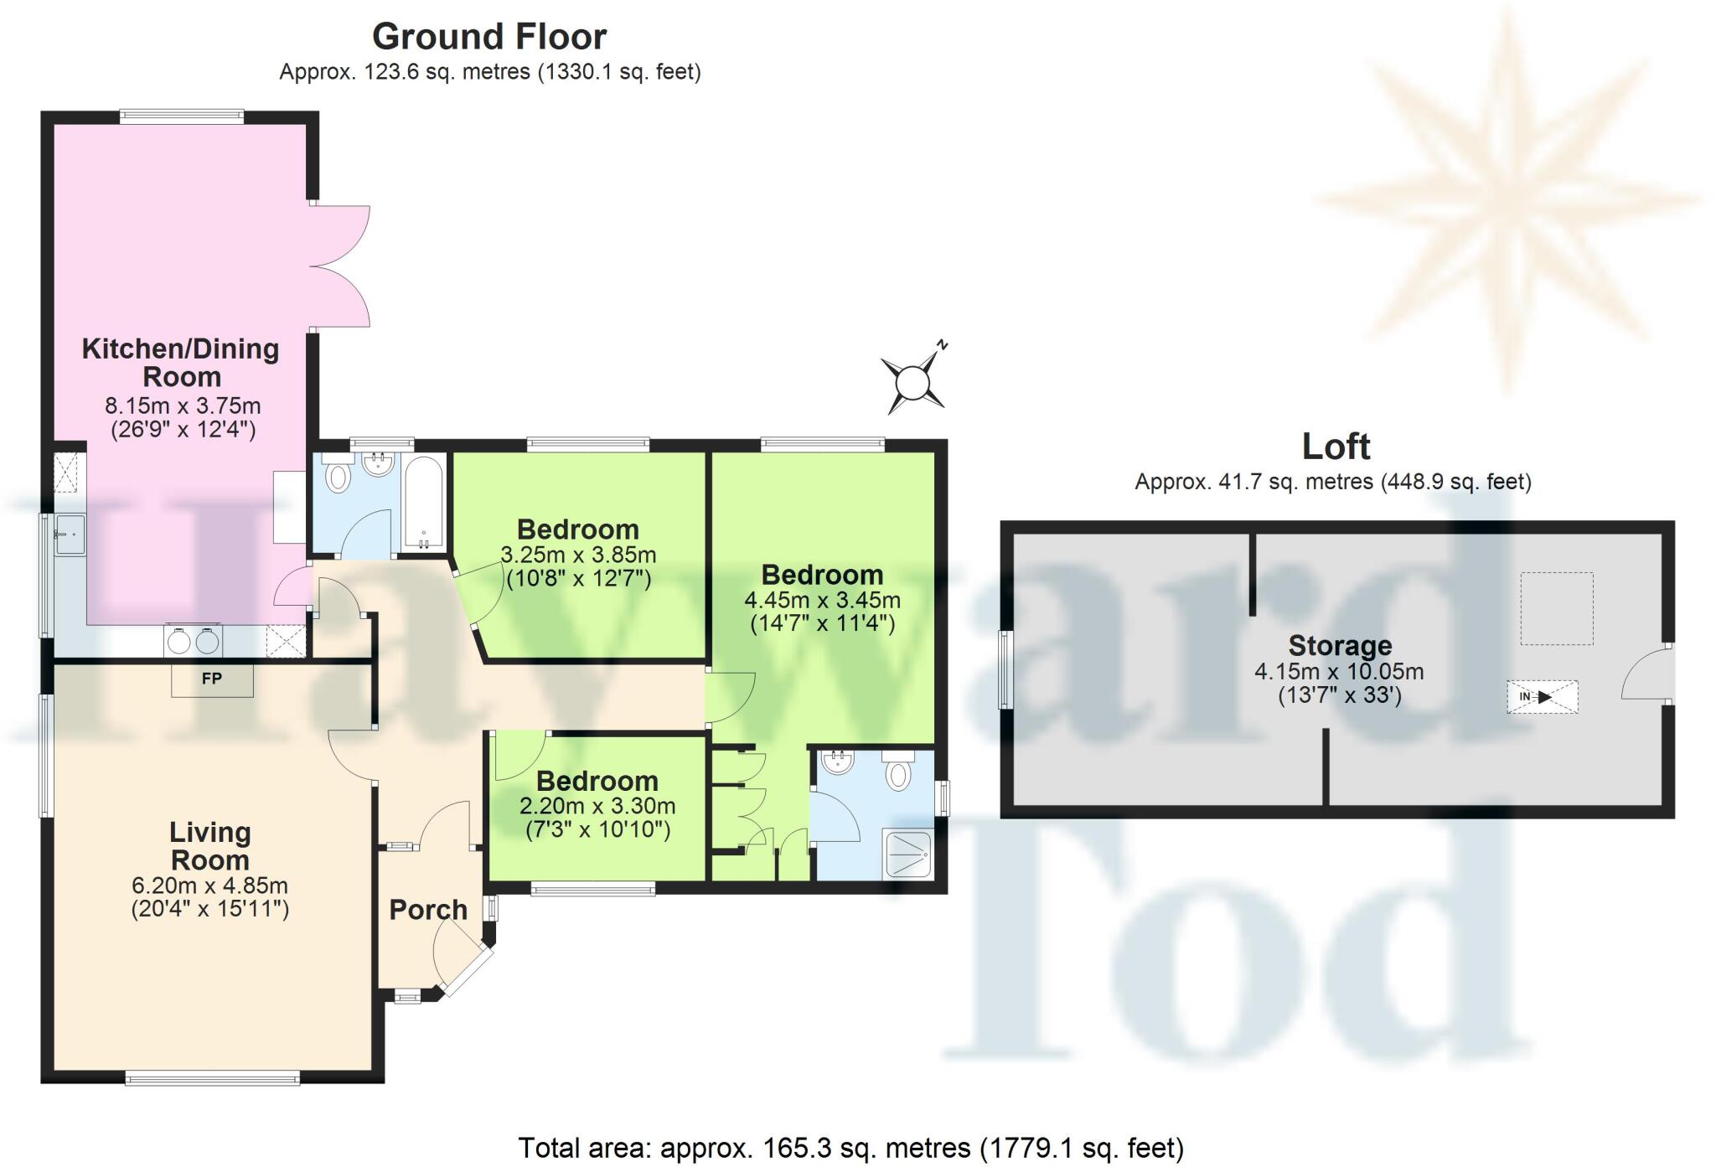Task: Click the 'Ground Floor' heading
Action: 489,37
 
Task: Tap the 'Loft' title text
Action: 1336,447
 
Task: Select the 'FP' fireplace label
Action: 212,679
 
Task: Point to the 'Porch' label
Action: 428,909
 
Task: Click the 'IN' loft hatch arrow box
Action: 1542,696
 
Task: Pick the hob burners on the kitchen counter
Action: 194,641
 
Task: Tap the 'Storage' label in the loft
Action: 1339,645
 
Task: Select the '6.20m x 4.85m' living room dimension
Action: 209,886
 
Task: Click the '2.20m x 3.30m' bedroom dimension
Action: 597,806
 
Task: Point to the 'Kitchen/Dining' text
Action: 180,349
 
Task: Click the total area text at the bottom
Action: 850,1147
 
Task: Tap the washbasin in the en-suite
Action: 837,762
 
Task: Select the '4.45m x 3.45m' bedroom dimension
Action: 822,600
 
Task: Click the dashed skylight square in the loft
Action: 1556,608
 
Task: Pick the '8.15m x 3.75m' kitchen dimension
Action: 183,405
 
